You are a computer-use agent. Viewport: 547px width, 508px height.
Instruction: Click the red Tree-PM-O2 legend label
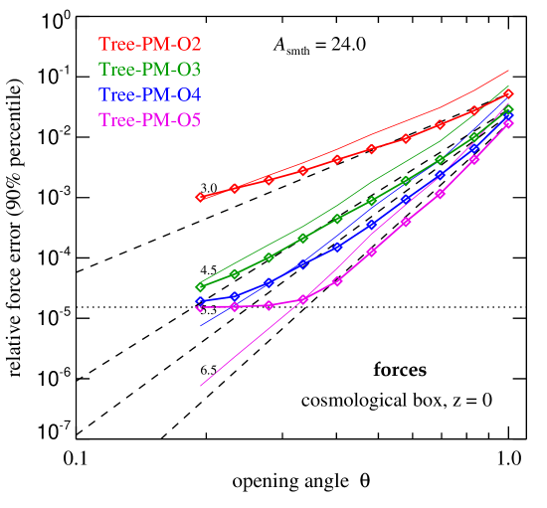coord(150,44)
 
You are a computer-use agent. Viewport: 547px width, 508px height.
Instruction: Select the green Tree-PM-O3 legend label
coord(150,70)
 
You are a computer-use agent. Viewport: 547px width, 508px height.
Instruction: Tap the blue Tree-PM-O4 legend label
coord(150,95)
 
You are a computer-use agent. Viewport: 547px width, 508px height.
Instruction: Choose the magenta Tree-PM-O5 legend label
coord(150,121)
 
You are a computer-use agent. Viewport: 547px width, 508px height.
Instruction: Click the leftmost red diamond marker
coord(200,197)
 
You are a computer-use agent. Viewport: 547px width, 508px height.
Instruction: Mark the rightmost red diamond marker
coord(508,94)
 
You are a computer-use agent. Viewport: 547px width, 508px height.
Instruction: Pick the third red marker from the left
coord(269,179)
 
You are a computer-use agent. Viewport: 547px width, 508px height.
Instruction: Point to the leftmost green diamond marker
coord(200,287)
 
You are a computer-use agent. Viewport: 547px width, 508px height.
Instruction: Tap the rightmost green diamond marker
coord(508,109)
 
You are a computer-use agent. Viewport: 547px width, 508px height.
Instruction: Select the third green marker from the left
coord(269,257)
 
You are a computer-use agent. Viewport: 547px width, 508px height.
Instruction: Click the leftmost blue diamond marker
coord(200,301)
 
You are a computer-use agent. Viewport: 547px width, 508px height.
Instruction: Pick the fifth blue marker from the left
coord(338,247)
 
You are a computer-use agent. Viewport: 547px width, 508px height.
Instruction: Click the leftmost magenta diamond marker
coord(200,308)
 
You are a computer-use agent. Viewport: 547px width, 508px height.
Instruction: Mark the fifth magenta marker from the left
coord(338,281)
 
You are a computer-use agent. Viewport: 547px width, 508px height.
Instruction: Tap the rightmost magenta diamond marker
coord(508,123)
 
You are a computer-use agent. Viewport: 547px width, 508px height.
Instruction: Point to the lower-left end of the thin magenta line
coord(201,386)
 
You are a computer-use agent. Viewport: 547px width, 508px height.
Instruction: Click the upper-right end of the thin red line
coord(509,70)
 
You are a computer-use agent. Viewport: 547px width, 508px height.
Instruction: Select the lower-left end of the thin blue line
coord(201,326)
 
